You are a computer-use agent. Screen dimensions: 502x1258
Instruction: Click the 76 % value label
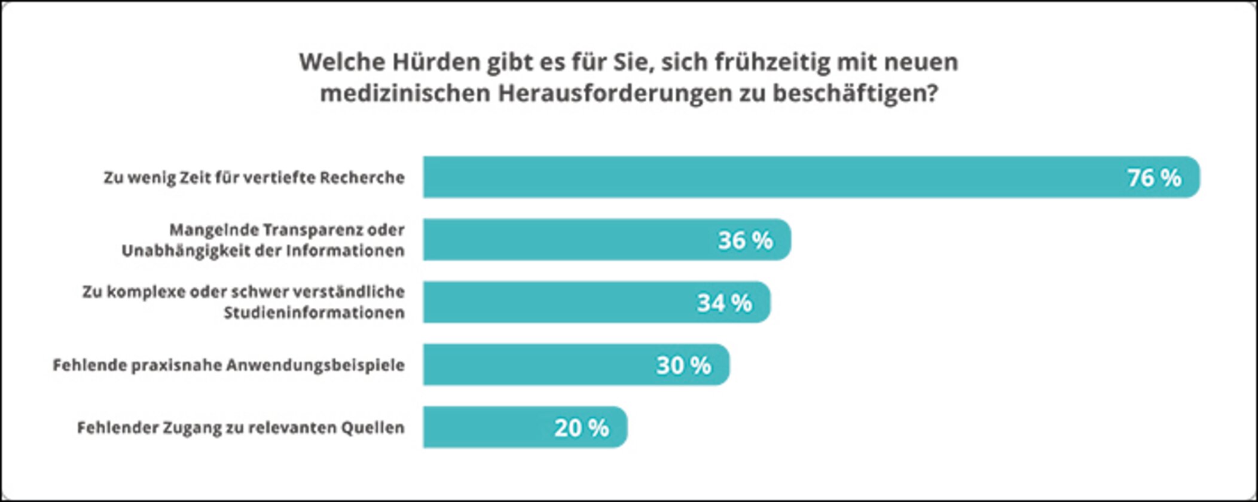[x=1154, y=178]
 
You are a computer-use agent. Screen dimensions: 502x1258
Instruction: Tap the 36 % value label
[x=745, y=240]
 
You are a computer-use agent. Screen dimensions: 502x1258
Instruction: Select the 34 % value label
[x=724, y=303]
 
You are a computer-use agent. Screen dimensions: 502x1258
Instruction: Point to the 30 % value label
[x=683, y=365]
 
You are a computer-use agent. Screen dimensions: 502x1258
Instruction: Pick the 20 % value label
[x=581, y=428]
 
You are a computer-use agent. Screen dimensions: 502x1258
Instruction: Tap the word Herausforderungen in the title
[x=615, y=94]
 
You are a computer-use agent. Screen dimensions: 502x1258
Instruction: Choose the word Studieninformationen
[x=314, y=313]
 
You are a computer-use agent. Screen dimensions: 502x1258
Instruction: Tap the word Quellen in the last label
[x=372, y=428]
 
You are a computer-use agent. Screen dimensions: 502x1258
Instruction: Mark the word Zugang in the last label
[x=191, y=428]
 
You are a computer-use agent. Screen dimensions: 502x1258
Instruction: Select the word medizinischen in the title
[x=405, y=94]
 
